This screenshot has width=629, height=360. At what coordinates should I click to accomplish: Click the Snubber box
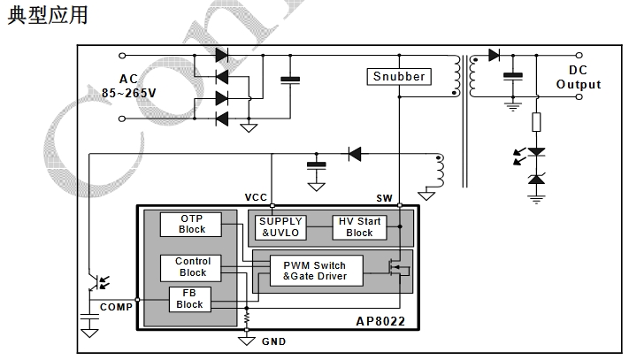coord(399,76)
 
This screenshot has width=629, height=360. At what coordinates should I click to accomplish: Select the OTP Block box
coord(191,224)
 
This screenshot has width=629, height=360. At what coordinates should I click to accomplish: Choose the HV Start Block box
coord(359,227)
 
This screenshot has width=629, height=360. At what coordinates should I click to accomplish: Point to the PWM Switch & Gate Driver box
coord(314,271)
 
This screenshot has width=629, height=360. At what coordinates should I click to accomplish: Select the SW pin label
coord(385,196)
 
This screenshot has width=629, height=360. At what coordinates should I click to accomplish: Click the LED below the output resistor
coord(535,153)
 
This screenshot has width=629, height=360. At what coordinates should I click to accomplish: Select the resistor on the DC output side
coord(535,123)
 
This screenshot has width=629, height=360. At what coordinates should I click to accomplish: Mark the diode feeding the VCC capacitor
coord(354,154)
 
